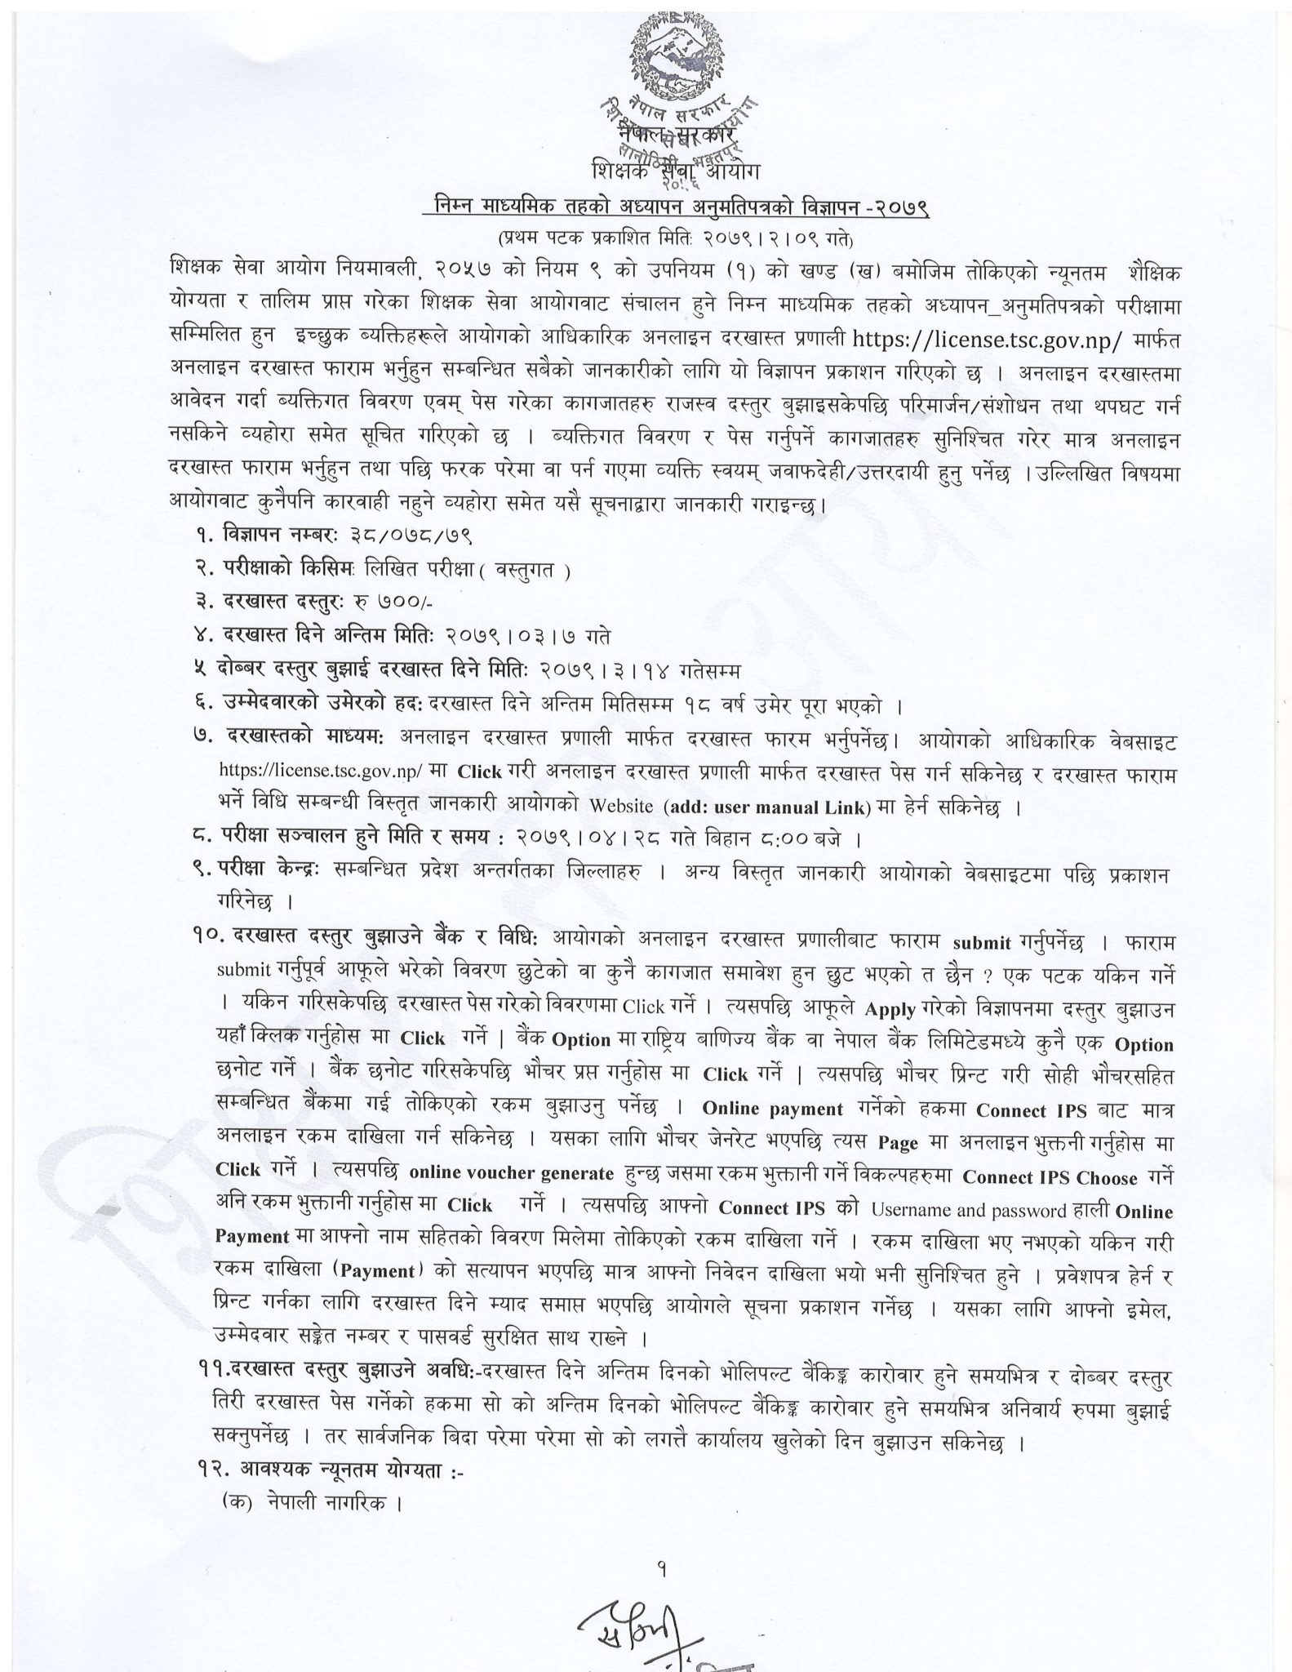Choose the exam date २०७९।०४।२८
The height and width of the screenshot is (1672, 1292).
(x=609, y=839)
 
